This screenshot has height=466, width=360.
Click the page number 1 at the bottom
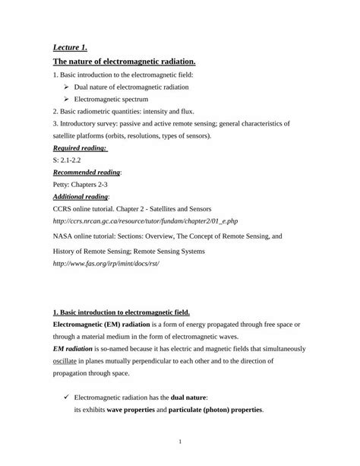click(x=180, y=442)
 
